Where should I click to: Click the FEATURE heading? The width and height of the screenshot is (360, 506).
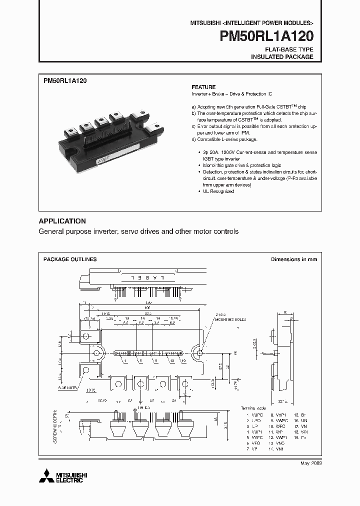[x=203, y=86]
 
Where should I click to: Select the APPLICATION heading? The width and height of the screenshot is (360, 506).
[x=62, y=221]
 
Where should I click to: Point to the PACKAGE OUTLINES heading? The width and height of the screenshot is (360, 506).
[x=70, y=259]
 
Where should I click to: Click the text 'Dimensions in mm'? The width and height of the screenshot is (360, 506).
[x=293, y=259]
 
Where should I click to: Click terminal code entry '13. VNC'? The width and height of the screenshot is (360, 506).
[x=276, y=442]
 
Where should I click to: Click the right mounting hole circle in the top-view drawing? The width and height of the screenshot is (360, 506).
[x=199, y=353]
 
